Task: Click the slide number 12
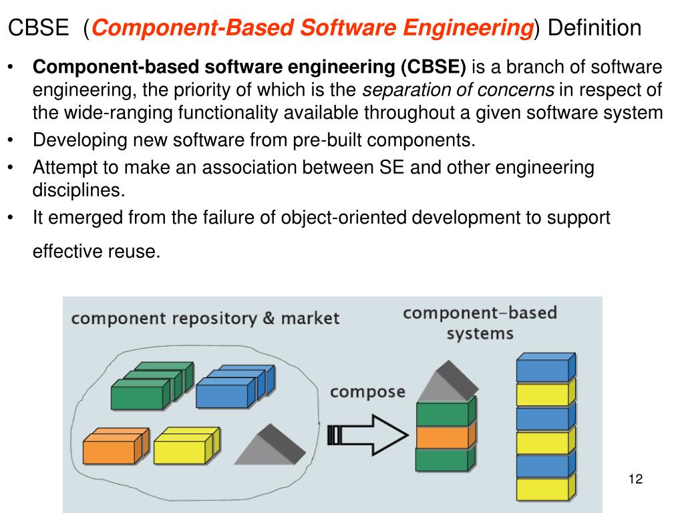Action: click(635, 479)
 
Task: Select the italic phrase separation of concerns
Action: click(458, 90)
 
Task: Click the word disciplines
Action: click(79, 190)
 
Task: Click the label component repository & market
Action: click(206, 318)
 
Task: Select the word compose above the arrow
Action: click(368, 391)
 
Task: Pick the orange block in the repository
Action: click(112, 448)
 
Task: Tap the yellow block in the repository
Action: click(182, 448)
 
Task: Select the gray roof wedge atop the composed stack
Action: click(446, 381)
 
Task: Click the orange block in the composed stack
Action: click(442, 436)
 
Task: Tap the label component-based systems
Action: click(480, 323)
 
